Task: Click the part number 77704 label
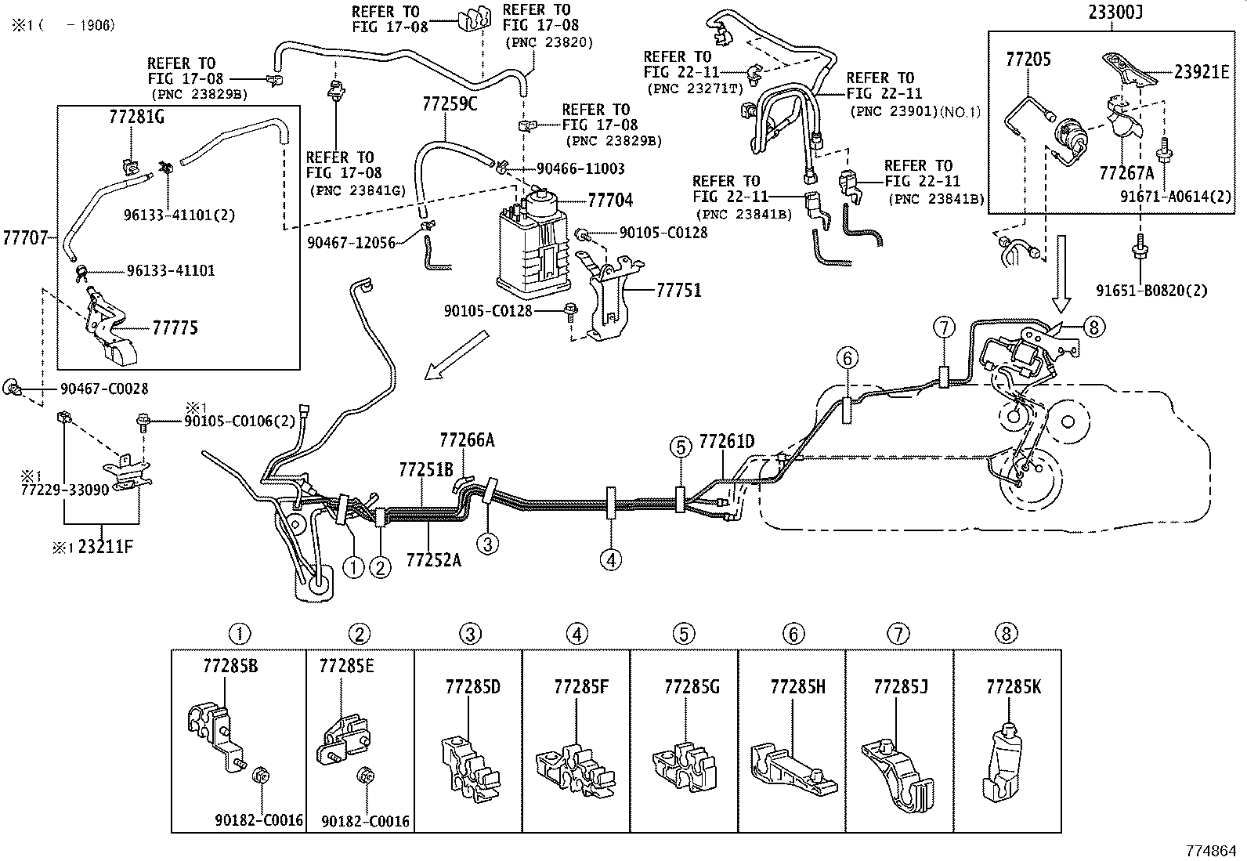(610, 201)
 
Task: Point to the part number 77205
(1028, 59)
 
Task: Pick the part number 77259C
(450, 103)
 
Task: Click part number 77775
(175, 327)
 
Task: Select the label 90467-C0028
(104, 389)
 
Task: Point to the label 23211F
(106, 547)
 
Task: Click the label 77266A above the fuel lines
(467, 440)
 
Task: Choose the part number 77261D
(726, 442)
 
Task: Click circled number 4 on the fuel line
(611, 559)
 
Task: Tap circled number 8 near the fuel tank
(1094, 327)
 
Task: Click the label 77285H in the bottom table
(797, 687)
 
